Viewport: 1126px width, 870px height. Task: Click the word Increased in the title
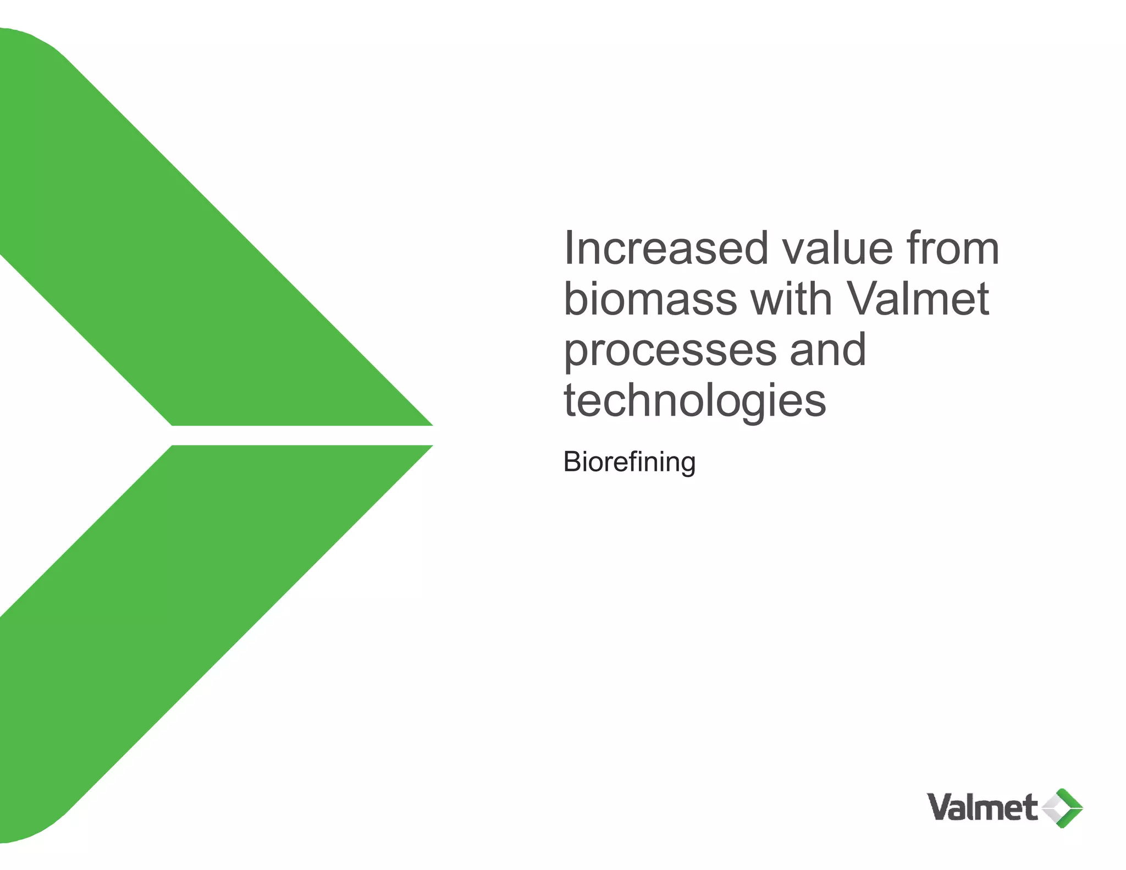pyautogui.click(x=666, y=249)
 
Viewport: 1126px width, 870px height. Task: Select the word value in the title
pyautogui.click(x=837, y=249)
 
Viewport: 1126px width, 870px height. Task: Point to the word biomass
pyautogui.click(x=650, y=299)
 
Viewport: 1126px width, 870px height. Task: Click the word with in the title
pyautogui.click(x=791, y=299)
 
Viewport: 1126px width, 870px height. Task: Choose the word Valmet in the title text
pyautogui.click(x=918, y=299)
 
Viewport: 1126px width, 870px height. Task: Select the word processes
pyautogui.click(x=670, y=351)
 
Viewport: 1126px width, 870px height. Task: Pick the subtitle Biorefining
pyautogui.click(x=630, y=462)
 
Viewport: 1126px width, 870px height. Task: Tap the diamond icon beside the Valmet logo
pyautogui.click(x=1062, y=808)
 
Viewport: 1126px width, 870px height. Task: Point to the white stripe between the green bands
pyautogui.click(x=302, y=436)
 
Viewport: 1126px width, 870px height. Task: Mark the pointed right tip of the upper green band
pyautogui.click(x=429, y=423)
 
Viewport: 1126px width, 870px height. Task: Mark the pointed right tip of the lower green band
pyautogui.click(x=429, y=447)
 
